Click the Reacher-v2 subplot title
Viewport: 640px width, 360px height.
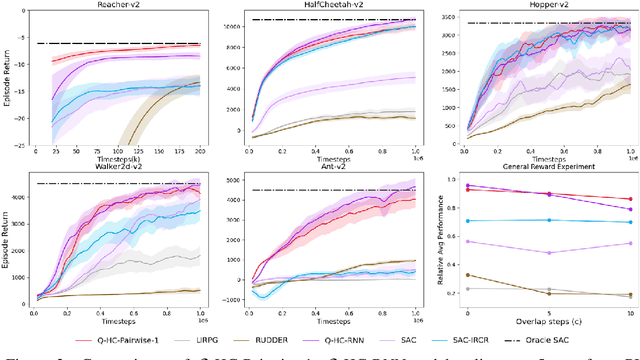118,5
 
